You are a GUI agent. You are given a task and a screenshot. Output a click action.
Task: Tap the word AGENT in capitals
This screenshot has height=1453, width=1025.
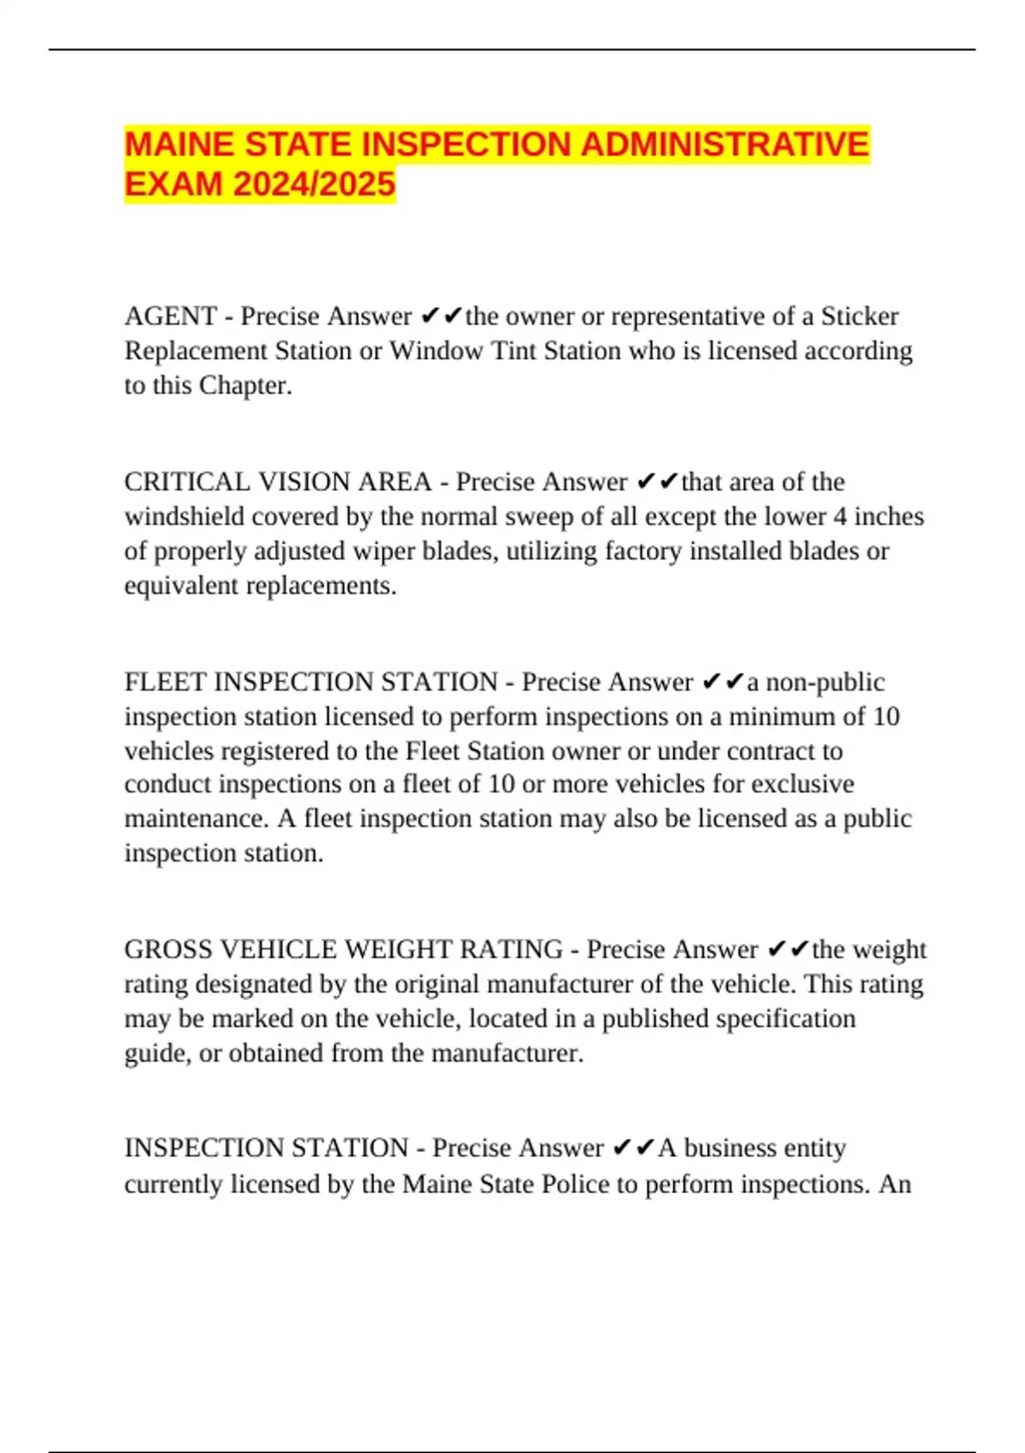pos(171,316)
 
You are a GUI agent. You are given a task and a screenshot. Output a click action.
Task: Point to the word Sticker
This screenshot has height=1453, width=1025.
pos(859,316)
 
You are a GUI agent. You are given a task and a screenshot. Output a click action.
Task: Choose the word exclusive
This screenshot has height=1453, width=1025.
pos(802,785)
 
